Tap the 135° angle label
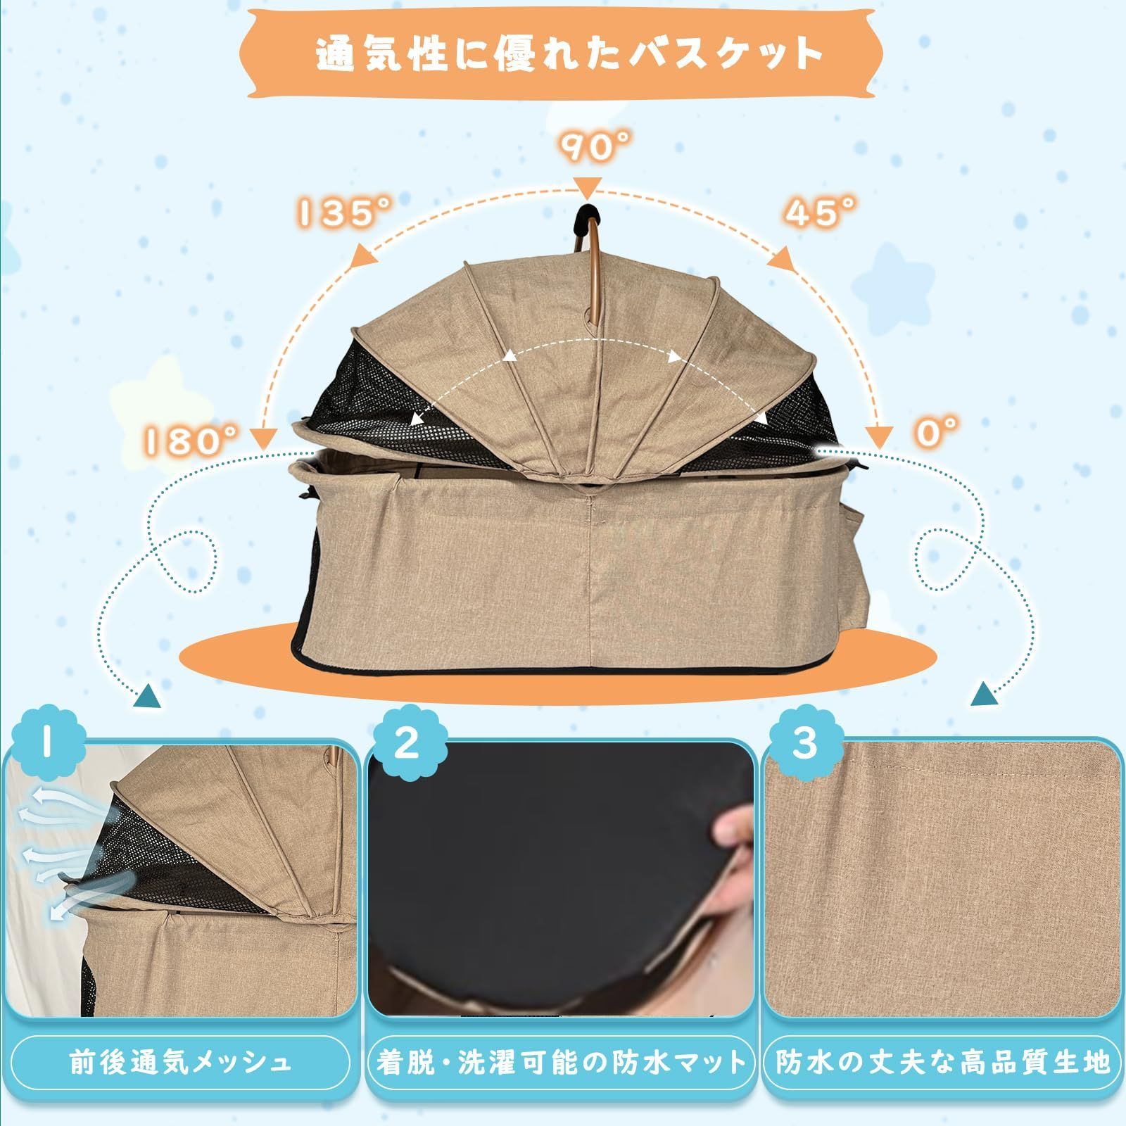(x=343, y=212)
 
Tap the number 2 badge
(x=406, y=744)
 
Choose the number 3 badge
(x=804, y=744)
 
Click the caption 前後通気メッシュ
(x=180, y=1063)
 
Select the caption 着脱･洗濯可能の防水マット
(x=560, y=1063)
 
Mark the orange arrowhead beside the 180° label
(x=263, y=437)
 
